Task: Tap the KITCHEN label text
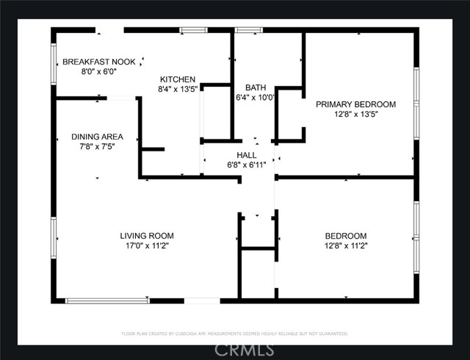coord(178,79)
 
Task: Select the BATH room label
coord(256,87)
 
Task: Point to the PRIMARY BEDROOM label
coord(355,104)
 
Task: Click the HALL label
coord(246,155)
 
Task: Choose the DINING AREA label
coord(97,137)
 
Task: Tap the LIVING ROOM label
coord(147,236)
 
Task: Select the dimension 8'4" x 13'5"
coord(178,89)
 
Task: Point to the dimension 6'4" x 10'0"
coord(256,97)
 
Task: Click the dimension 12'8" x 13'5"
coord(355,114)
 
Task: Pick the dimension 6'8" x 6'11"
coord(246,165)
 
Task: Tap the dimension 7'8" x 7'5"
coord(97,146)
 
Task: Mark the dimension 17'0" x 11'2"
coord(147,245)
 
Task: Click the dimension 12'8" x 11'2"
coord(345,245)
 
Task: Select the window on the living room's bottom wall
coord(107,300)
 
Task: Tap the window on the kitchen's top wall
coord(194,30)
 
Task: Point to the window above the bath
coord(249,30)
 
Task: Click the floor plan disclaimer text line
coord(235,334)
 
